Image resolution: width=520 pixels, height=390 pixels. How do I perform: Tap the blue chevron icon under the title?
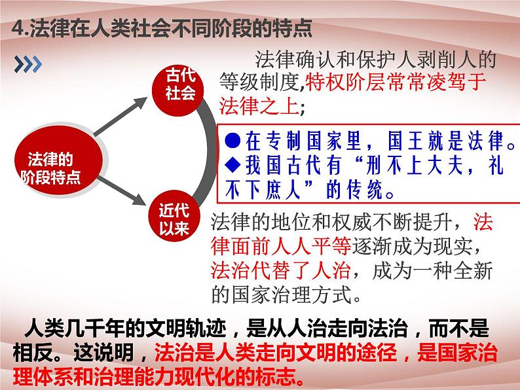coord(28,63)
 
